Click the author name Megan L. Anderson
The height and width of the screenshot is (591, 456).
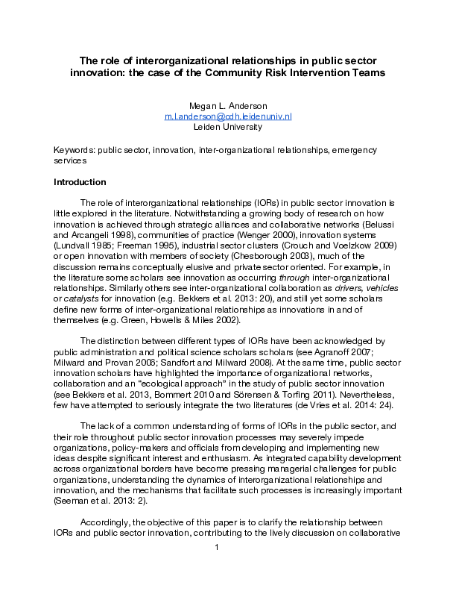228,105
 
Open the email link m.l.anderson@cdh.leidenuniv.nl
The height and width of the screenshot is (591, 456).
228,116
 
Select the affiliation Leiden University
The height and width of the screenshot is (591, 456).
228,127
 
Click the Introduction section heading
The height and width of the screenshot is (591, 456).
80,182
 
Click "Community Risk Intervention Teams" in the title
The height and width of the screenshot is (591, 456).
301,73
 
